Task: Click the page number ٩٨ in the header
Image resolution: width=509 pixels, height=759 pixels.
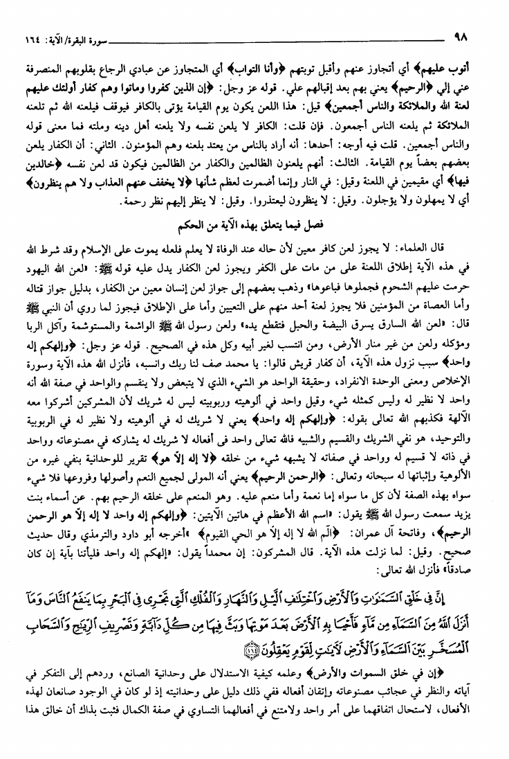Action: [460, 33]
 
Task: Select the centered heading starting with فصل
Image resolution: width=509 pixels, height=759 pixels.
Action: [255, 225]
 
